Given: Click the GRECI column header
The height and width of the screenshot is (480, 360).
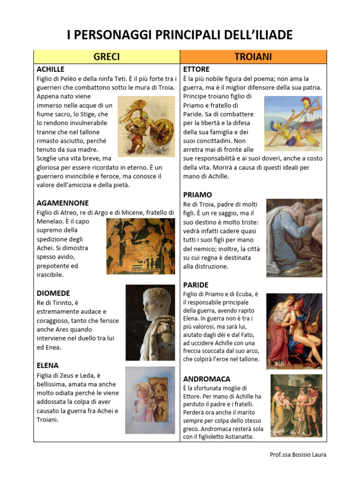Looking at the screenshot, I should coord(107,57).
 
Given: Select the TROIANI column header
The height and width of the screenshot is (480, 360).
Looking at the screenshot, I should coord(254,57).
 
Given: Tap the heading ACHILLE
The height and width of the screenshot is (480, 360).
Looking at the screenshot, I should coord(50,69).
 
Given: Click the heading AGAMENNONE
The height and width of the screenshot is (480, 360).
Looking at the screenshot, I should coord(62,203).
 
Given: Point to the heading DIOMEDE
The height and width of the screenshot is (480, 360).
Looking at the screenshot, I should coord(53,293).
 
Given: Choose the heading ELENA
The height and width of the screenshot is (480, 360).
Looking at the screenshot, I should coord(47,365).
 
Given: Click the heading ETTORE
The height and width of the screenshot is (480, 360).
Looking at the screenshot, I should coord(196,69).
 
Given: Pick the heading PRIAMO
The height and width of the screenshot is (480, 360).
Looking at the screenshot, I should coord(197,195).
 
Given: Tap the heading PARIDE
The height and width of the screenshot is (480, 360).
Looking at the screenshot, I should coord(195,285).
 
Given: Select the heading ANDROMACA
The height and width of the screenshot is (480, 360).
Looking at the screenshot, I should coord(207,378).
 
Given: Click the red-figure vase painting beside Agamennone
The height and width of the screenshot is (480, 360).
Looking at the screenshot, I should coord(141,246).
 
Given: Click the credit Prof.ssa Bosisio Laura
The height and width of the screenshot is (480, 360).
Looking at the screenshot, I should coord(298,455).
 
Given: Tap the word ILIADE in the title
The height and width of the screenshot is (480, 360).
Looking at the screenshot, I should coord(269,35).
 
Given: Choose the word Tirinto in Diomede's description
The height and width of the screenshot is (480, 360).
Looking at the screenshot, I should coord(67,303).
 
